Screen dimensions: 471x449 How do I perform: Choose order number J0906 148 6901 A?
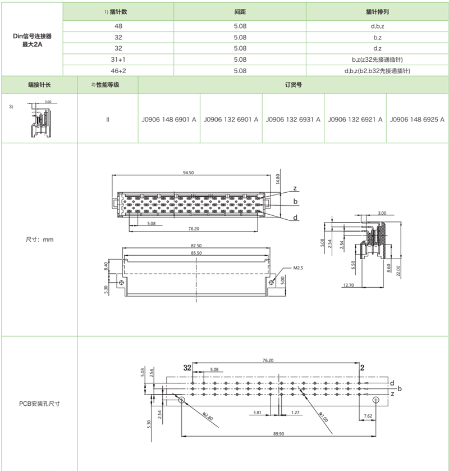[169, 119]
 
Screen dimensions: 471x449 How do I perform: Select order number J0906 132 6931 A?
[293, 119]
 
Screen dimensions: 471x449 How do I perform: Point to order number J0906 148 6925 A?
[417, 119]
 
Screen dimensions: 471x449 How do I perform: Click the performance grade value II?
[107, 119]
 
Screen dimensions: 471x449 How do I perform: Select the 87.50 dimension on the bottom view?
[196, 246]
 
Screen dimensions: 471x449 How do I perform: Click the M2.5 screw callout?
[297, 268]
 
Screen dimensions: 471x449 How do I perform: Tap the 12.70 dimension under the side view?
[347, 285]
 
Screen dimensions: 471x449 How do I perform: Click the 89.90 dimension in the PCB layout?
[278, 434]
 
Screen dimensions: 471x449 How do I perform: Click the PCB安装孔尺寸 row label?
[39, 403]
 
